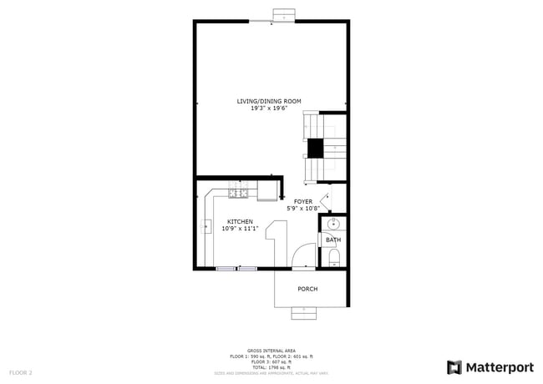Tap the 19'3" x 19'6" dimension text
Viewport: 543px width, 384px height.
[x=269, y=108]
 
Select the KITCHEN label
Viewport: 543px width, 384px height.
[x=240, y=221]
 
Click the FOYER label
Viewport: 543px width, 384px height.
[x=302, y=201]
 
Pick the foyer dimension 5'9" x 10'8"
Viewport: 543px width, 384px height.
[x=303, y=208]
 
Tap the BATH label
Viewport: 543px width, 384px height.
[x=333, y=240]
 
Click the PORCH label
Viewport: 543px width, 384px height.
[x=307, y=289]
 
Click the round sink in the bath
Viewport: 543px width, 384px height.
[x=334, y=225]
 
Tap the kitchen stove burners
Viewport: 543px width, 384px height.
[x=238, y=195]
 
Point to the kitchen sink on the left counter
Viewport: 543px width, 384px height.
[x=206, y=225]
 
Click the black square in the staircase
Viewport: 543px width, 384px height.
[x=315, y=149]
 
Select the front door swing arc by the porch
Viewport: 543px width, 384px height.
[x=304, y=255]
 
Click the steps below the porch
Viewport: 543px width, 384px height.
[x=303, y=313]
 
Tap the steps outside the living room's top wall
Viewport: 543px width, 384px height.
[x=285, y=15]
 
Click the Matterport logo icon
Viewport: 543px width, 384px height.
[x=454, y=367]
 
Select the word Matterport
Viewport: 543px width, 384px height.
[x=500, y=367]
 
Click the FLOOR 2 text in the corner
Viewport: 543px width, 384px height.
[x=21, y=372]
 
